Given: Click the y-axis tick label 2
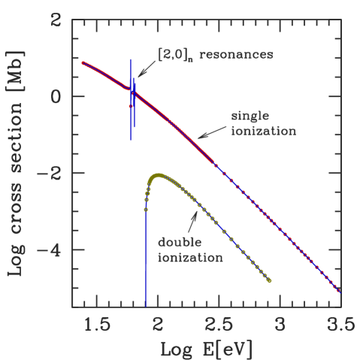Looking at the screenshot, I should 56,20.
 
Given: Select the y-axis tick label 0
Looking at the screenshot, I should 56,97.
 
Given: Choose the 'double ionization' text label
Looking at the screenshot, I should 190,250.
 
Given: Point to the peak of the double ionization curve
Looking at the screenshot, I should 159,175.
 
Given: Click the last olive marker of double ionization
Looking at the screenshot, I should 269,281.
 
